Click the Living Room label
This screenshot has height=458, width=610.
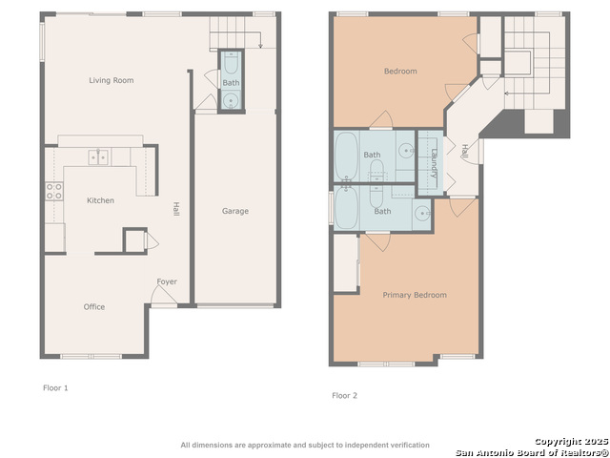(111, 80)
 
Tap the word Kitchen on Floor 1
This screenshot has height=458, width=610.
(100, 200)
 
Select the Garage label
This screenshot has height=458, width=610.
(235, 211)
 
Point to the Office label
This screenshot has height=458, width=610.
(93, 306)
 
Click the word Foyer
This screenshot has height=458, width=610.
(167, 281)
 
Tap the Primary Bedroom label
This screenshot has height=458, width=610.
(415, 295)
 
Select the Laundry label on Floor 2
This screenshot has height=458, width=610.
(434, 162)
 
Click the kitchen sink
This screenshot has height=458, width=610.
(99, 156)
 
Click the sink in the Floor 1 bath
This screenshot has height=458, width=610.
(231, 101)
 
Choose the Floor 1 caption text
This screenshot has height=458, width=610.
(55, 388)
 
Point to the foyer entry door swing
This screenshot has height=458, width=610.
(163, 297)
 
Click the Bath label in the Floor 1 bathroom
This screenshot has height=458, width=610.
(231, 83)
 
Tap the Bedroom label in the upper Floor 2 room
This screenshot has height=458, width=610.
(400, 71)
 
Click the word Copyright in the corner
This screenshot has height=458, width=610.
(557, 441)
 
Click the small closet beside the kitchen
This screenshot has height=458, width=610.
(134, 240)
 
